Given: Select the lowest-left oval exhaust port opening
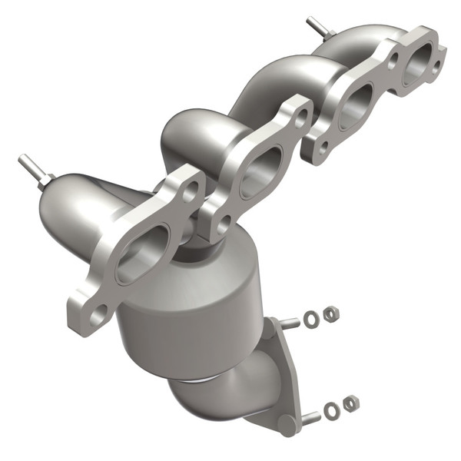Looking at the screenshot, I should click(143, 249).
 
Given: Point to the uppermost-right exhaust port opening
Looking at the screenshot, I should click(416, 65).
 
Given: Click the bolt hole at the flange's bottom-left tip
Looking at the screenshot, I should click(97, 313).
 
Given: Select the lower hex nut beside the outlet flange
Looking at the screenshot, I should click(350, 402).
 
